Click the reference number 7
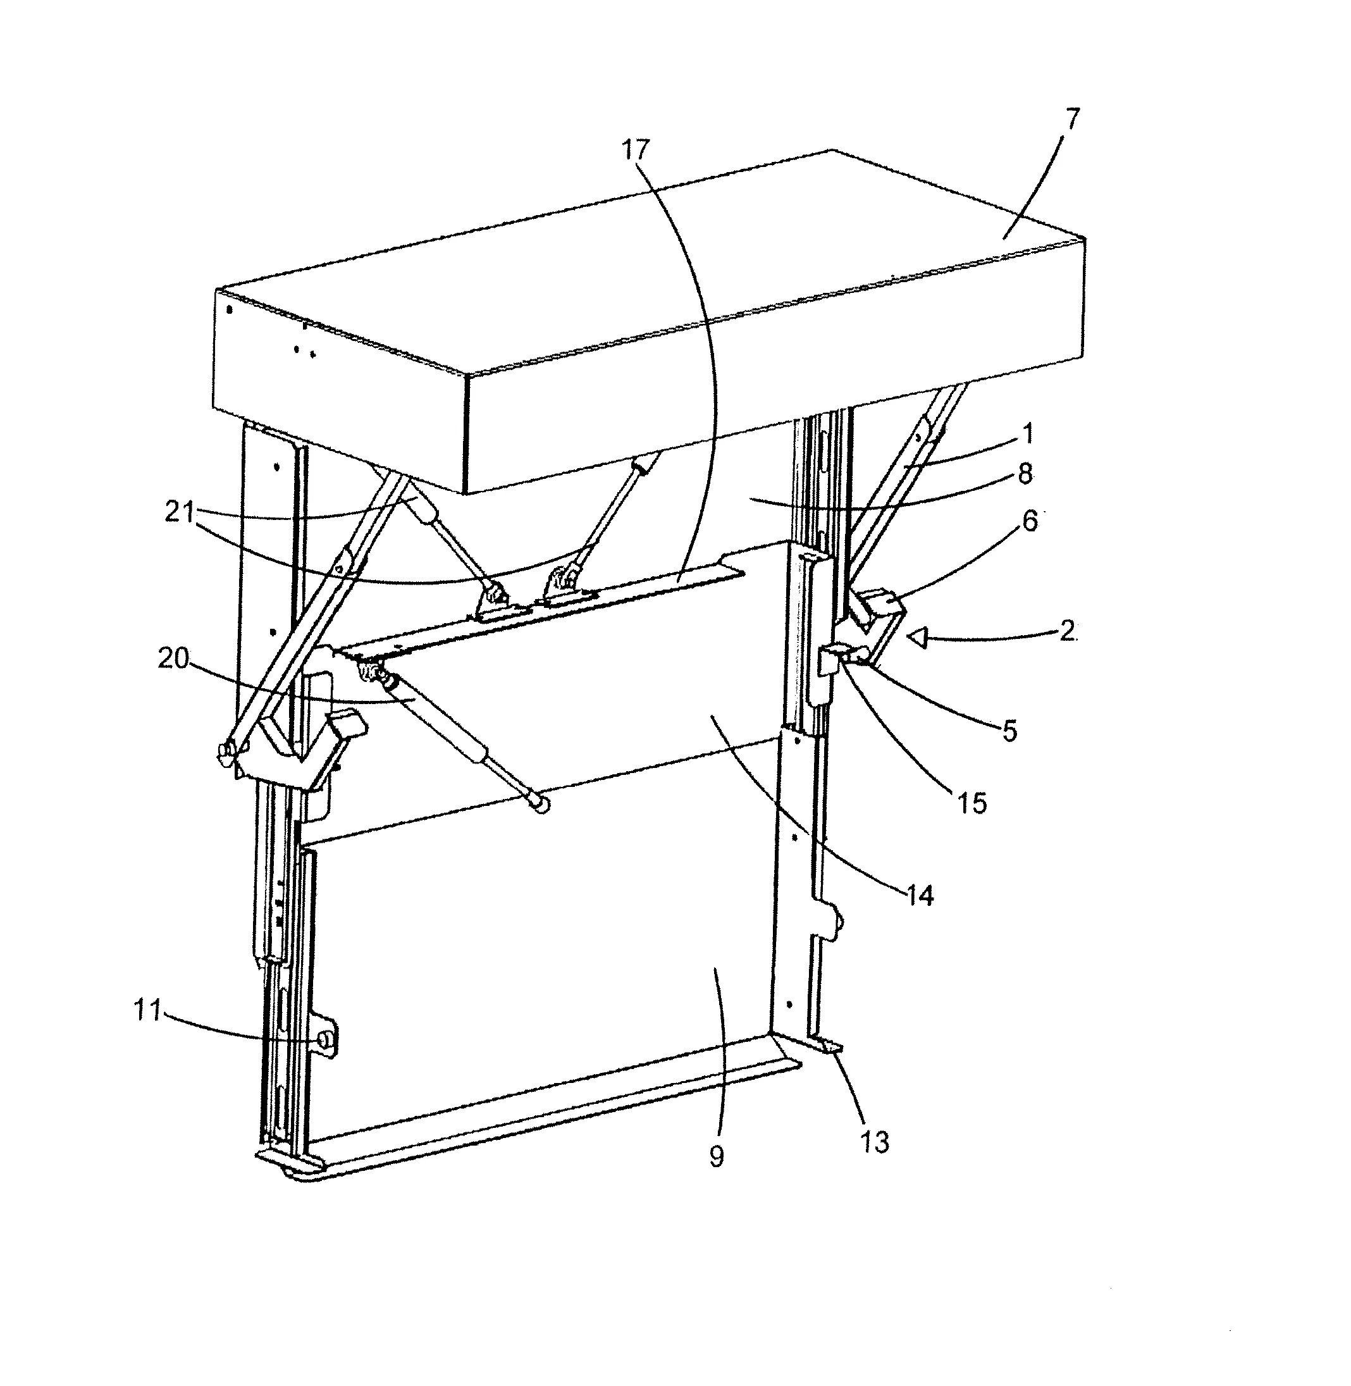click(x=1072, y=119)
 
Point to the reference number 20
click(x=174, y=659)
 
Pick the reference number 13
click(x=874, y=1142)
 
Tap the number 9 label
click(x=717, y=1157)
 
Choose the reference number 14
click(x=920, y=896)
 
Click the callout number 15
click(x=972, y=803)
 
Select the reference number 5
click(x=1009, y=731)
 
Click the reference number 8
click(x=1025, y=474)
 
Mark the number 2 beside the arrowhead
click(x=1067, y=630)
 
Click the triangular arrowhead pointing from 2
click(x=918, y=640)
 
